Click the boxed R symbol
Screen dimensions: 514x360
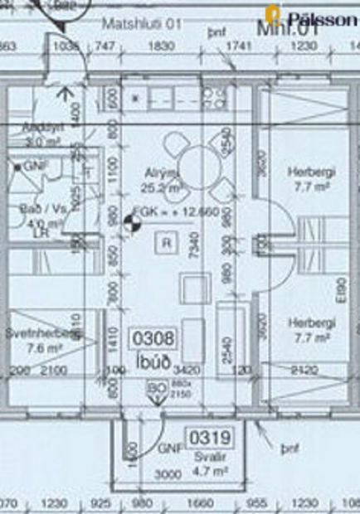tap(167, 242)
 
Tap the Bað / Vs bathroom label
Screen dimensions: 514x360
tap(45, 210)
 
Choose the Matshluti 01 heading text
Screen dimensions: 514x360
tap(140, 25)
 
